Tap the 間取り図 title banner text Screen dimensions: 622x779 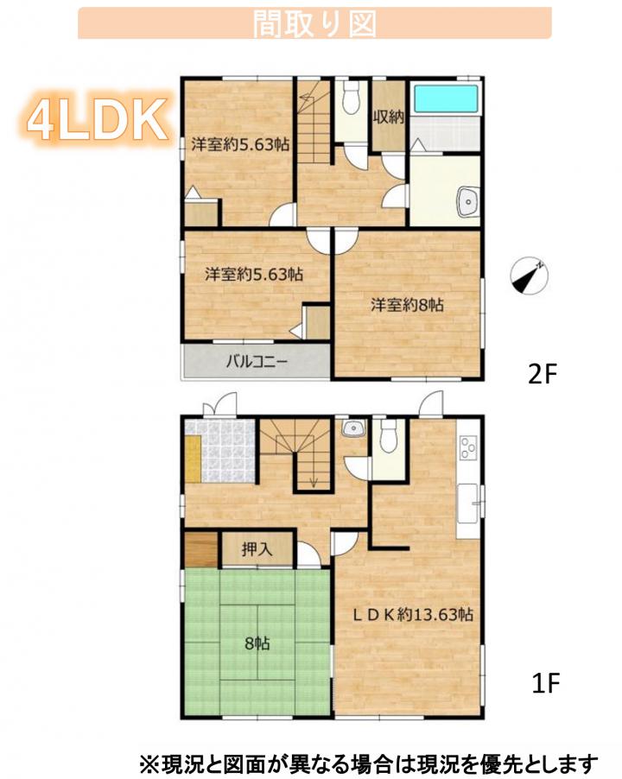[x=314, y=23]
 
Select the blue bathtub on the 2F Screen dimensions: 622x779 [x=446, y=98]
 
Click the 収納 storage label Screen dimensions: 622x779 [x=389, y=117]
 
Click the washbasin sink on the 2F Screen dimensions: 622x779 [x=466, y=201]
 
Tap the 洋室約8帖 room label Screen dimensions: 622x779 [x=407, y=305]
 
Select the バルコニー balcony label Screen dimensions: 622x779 [x=257, y=361]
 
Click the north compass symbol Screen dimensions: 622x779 [x=530, y=275]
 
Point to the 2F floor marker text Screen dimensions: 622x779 [x=541, y=374]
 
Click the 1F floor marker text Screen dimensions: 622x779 [x=545, y=683]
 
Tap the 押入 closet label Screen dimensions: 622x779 [x=257, y=549]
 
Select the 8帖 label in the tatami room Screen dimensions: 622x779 [x=257, y=644]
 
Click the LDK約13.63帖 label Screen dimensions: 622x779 [x=413, y=615]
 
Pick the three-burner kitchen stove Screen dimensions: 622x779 [x=468, y=447]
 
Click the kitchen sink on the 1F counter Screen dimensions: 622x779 [x=467, y=503]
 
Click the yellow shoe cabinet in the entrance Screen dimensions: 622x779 [x=194, y=459]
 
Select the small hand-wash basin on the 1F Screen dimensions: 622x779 [x=353, y=428]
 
